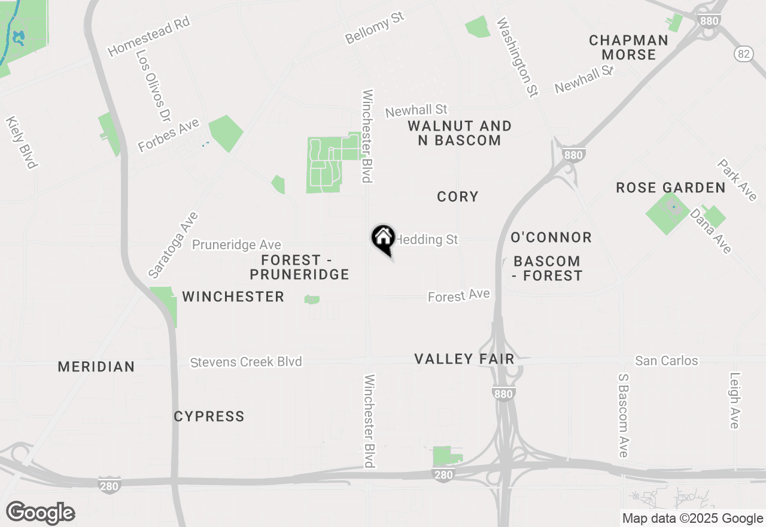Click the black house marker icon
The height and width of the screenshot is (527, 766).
click(x=383, y=238)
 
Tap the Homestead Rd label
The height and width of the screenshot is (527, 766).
click(x=148, y=37)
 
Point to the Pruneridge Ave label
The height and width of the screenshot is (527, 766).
click(x=236, y=245)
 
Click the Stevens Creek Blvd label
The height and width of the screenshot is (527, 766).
click(x=246, y=362)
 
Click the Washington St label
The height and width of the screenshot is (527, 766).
click(x=518, y=57)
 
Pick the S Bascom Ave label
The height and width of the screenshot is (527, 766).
click(x=623, y=416)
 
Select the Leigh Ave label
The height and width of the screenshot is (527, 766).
click(x=735, y=401)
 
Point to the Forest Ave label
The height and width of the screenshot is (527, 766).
click(x=459, y=296)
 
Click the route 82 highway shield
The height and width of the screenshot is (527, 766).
click(x=743, y=54)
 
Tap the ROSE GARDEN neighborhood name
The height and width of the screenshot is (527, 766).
click(x=671, y=188)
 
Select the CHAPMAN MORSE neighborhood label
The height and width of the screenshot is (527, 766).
click(x=628, y=47)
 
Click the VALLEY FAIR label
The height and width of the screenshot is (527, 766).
click(x=464, y=359)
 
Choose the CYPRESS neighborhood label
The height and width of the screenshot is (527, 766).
click(x=209, y=416)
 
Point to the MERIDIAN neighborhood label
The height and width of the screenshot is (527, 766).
click(x=96, y=367)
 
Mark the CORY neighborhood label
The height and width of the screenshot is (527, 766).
click(x=458, y=196)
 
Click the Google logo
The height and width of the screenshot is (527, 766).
click(x=40, y=513)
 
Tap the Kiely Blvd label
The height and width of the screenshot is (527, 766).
click(x=22, y=143)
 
